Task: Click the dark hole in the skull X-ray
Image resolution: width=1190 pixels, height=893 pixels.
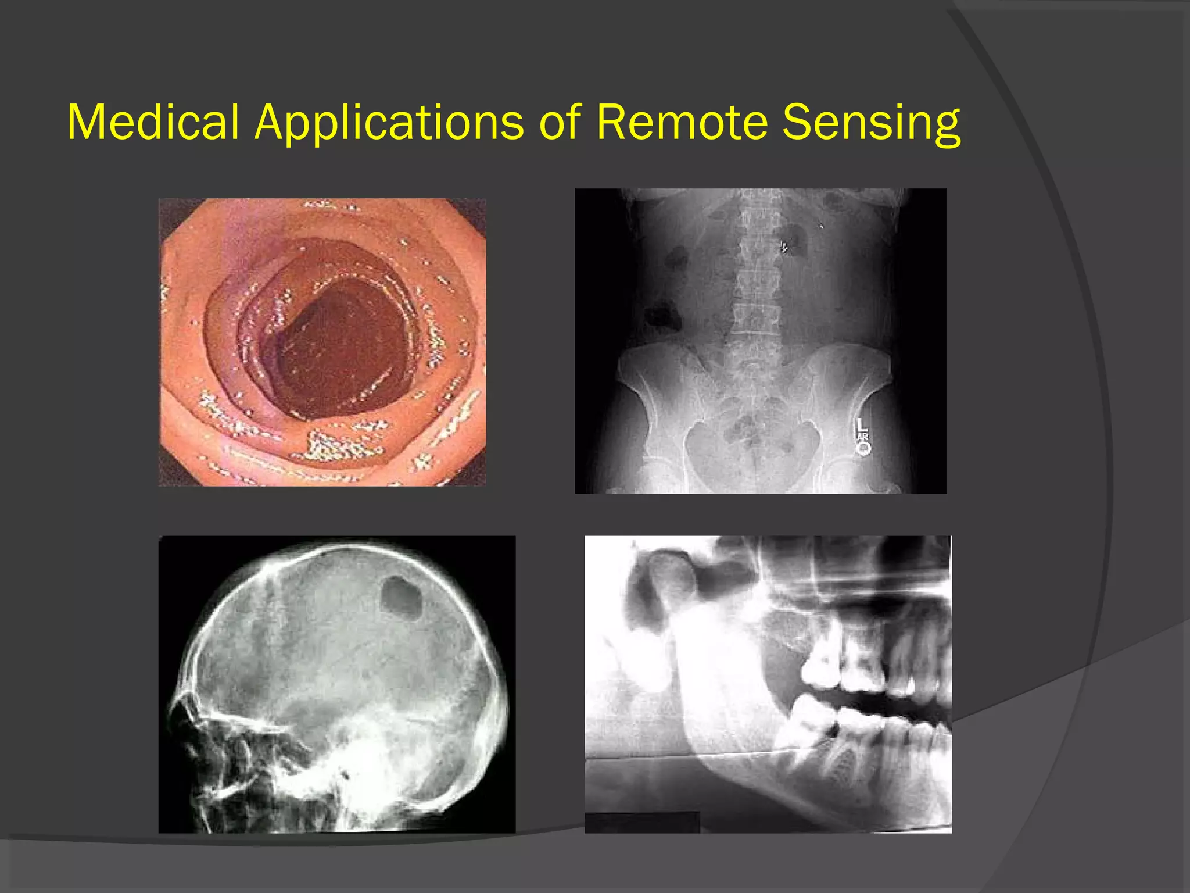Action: click(x=401, y=598)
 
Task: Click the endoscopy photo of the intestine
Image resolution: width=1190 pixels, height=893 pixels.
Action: click(x=322, y=342)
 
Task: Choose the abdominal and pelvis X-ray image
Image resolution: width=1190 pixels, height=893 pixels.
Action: click(x=760, y=341)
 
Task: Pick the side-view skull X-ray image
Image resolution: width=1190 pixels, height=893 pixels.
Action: click(x=336, y=684)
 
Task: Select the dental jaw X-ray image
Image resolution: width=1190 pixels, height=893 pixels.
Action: click(x=768, y=684)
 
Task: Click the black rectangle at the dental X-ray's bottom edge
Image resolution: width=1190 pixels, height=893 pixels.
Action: click(x=642, y=821)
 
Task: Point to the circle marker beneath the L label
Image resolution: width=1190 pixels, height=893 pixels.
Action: click(x=863, y=448)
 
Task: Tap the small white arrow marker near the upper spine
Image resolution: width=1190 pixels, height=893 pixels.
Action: click(x=783, y=247)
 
